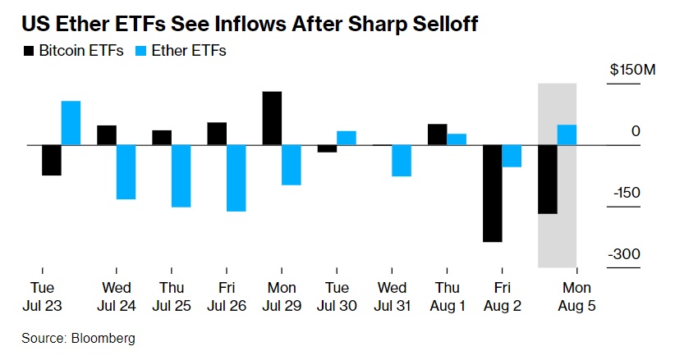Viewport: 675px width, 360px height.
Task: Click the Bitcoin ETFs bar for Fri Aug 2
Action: [493, 193]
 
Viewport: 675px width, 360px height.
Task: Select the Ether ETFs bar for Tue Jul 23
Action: [71, 123]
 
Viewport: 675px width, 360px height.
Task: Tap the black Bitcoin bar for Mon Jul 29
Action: [273, 118]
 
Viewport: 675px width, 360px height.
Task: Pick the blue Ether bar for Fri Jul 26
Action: [236, 178]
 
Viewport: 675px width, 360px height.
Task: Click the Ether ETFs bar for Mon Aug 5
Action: [567, 134]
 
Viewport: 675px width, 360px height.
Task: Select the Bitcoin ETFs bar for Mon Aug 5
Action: [547, 179]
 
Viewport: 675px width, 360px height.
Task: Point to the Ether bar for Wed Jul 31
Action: [402, 161]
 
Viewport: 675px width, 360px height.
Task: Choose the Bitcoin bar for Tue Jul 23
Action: [52, 160]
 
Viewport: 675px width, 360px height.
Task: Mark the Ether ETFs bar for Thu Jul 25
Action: [181, 175]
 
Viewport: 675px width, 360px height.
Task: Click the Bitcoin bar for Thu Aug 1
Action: [438, 134]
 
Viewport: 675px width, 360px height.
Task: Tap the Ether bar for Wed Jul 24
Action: [126, 172]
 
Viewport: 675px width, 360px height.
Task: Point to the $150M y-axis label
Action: [632, 71]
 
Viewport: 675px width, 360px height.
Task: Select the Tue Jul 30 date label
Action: [337, 296]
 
